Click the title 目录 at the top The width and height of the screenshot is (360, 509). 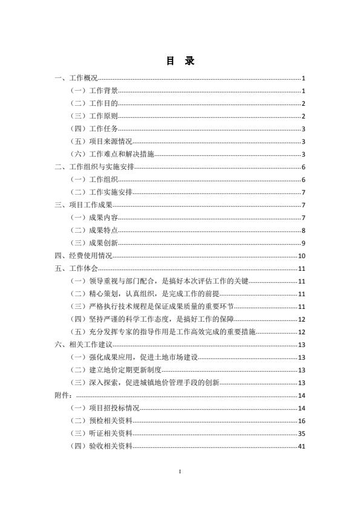pos(180,61)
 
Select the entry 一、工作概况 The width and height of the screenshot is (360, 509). pos(76,78)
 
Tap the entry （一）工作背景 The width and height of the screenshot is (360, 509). pos(94,91)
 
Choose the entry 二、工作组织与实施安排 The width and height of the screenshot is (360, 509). pos(94,167)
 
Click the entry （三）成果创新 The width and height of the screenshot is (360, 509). pos(94,243)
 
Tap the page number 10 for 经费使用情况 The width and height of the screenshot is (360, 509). pos(301,256)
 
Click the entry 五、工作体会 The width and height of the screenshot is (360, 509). pos(76,268)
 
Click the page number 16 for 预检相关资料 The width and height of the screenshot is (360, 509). pos(301,421)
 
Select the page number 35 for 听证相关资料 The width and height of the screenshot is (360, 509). pos(301,433)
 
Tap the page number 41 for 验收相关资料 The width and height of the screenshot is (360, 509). pos(301,446)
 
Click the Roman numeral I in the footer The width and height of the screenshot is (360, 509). pos(180,472)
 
